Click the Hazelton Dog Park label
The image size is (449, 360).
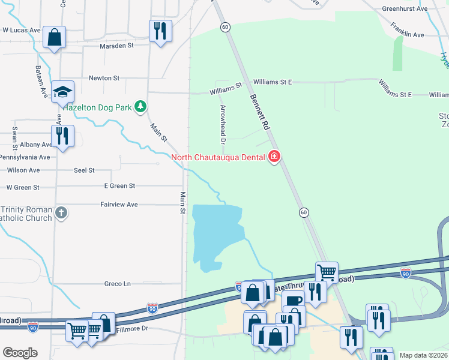pos(93,107)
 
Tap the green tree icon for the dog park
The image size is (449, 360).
pos(140,107)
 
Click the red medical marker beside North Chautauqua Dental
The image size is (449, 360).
pos(274,157)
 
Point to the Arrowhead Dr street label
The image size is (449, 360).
pos(222,125)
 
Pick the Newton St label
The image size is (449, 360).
pos(104,78)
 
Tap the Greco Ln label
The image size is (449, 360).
pos(118,283)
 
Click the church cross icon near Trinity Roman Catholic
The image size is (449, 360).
pos(61,212)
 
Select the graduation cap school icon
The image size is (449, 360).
pos(62,91)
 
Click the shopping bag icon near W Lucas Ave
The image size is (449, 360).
pos(54,37)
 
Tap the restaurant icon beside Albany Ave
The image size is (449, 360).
pos(62,136)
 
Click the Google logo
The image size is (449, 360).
pos(20,353)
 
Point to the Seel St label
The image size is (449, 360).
pos(84,170)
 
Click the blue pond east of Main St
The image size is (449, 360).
pos(216,234)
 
